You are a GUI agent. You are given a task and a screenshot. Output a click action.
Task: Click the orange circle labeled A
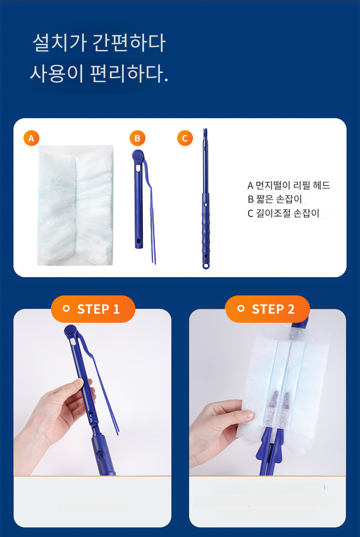click(31, 138)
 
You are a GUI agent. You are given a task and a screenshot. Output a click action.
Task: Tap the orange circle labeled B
click(137, 138)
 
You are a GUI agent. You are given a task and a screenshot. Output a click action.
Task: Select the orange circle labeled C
click(185, 138)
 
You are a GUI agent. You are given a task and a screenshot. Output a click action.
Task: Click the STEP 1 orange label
click(93, 309)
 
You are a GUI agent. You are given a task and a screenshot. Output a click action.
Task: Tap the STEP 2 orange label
click(268, 309)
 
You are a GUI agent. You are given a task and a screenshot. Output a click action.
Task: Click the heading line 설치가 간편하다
click(99, 43)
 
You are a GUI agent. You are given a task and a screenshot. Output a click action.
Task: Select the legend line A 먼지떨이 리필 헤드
click(289, 185)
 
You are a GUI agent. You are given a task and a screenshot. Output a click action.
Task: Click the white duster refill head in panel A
click(75, 206)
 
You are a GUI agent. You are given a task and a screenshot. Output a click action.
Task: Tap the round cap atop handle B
click(138, 155)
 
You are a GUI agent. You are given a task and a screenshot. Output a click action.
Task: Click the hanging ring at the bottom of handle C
click(205, 266)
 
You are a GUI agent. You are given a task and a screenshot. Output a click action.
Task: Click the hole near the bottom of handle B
click(139, 241)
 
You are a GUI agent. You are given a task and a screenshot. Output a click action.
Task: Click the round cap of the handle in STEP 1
click(71, 331)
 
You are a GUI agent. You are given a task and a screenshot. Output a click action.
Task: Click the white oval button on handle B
click(138, 169)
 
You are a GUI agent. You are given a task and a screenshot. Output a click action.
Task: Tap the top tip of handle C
click(205, 130)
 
